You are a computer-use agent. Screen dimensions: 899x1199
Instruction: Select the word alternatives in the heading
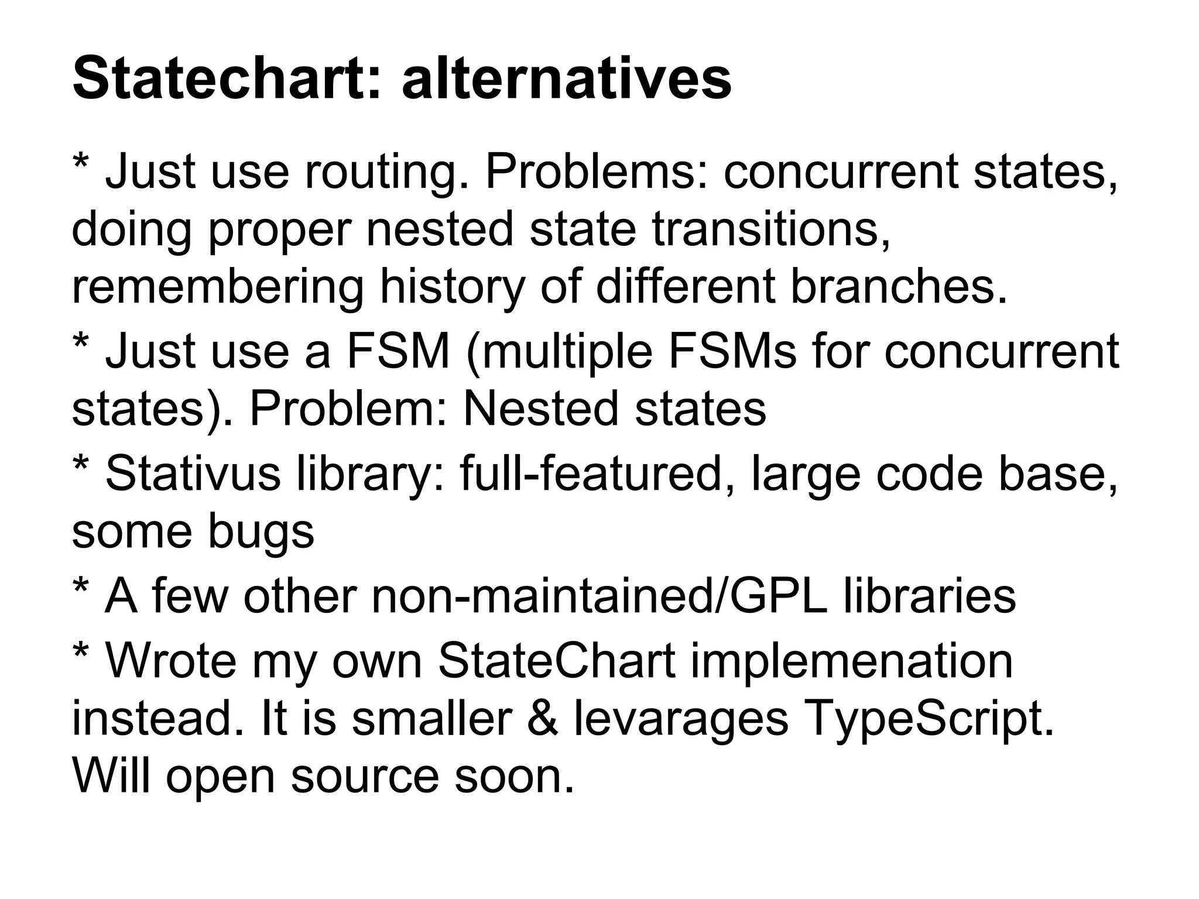pos(567,80)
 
